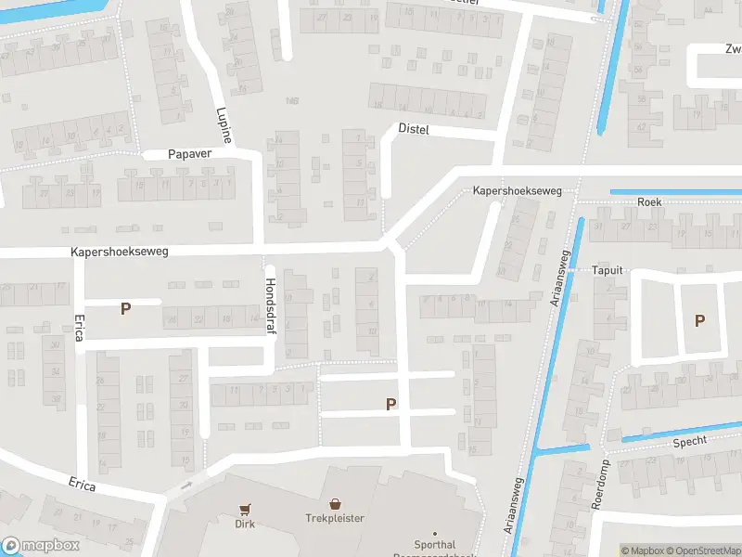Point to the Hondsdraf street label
pos(271,311)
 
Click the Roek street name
pos(649,201)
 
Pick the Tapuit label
pos(607,270)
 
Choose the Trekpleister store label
pos(335,518)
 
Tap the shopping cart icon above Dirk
pos(245,510)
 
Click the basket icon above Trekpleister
pos(335,502)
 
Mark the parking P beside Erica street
pos(125,308)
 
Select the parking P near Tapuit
pos(700,320)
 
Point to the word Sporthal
pos(434,545)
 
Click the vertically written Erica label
pos(77,327)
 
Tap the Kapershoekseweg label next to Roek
pos(518,190)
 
